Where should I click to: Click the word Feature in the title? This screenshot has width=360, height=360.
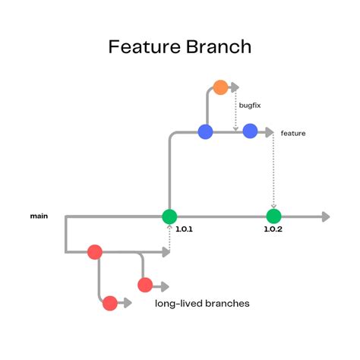click(x=144, y=48)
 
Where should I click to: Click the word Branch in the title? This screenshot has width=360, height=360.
click(x=216, y=48)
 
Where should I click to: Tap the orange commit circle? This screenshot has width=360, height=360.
click(x=221, y=87)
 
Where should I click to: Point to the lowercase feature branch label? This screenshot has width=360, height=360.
click(x=293, y=133)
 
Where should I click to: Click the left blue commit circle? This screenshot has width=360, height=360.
click(x=205, y=132)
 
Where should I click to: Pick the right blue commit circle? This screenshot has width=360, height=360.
click(x=250, y=132)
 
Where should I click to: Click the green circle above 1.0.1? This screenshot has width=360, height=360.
click(x=169, y=216)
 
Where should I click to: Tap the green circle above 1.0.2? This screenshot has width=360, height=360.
click(x=273, y=216)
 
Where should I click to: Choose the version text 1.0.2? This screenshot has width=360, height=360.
click(x=273, y=229)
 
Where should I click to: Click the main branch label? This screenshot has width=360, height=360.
click(x=39, y=216)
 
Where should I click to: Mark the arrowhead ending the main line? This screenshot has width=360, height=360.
click(x=325, y=216)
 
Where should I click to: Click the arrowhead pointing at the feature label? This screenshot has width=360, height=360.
click(x=269, y=132)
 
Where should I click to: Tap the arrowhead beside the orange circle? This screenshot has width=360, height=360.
click(x=235, y=87)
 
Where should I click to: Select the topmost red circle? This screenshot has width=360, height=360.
click(x=95, y=251)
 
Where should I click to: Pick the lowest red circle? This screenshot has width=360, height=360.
click(x=110, y=303)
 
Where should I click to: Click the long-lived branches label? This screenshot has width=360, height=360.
click(x=202, y=303)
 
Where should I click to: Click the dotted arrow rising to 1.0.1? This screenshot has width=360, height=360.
click(x=169, y=239)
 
